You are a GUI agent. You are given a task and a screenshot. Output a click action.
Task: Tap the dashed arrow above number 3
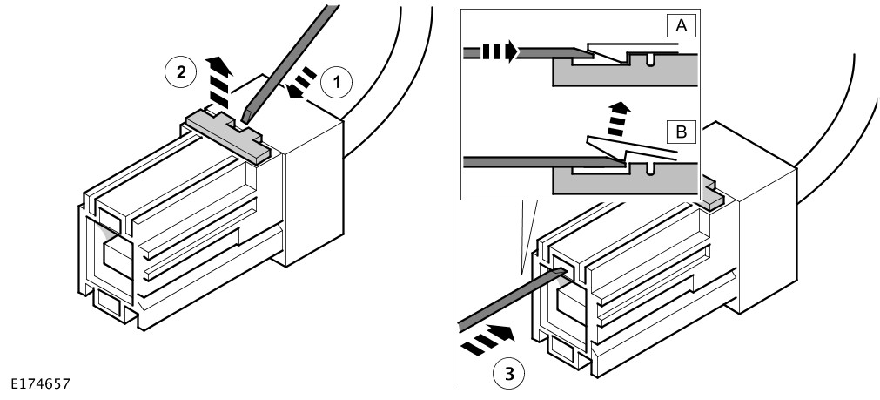(484, 337)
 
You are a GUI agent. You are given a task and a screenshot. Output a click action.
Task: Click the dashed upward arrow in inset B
(617, 116)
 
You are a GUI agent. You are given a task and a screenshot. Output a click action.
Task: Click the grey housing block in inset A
(627, 71)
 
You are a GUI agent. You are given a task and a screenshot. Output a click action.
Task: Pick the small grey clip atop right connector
(712, 197)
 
